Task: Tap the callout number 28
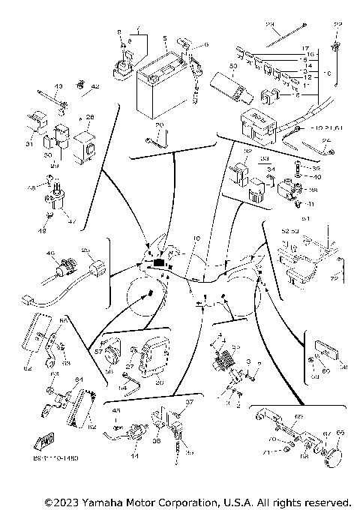(90, 118)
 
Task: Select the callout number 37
(190, 403)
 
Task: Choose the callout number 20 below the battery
(158, 126)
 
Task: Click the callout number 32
(246, 151)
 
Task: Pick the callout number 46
(51, 254)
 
